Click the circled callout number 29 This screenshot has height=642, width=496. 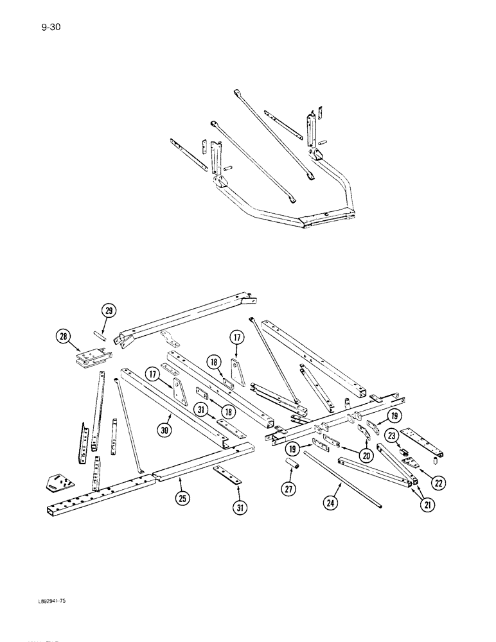point(109,311)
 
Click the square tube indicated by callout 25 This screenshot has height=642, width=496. point(193,465)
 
